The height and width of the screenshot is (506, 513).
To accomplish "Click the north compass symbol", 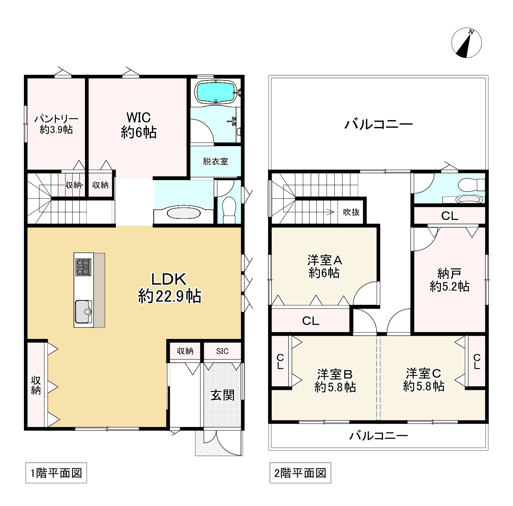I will [x=466, y=43].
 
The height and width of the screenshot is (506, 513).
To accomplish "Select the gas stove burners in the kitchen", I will [x=83, y=267].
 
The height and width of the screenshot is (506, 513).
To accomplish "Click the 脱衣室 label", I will [x=215, y=161].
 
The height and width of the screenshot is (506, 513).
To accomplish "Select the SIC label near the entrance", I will [x=222, y=351].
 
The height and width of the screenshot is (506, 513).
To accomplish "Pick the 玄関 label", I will [x=222, y=395].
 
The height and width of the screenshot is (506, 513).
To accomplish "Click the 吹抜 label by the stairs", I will [x=351, y=212].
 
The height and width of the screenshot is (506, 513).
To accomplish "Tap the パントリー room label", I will [x=56, y=119].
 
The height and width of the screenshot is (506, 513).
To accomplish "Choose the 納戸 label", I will [x=449, y=273].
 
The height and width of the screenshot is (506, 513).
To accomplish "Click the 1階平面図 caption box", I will [x=56, y=473].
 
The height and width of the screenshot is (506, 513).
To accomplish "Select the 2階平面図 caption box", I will [x=300, y=473].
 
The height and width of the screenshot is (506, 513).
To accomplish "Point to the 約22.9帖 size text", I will [x=170, y=296].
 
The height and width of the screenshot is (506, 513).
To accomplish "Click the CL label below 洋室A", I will [x=311, y=321].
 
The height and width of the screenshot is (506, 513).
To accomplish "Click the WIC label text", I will [x=139, y=118].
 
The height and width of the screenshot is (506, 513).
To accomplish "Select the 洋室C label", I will [x=423, y=373].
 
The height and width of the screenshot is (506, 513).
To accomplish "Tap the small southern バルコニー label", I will [x=378, y=436].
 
